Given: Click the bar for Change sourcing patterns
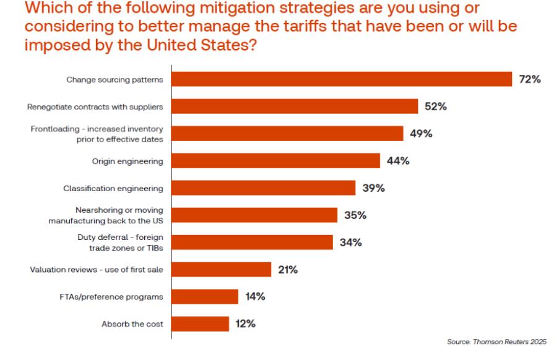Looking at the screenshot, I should (x=341, y=79).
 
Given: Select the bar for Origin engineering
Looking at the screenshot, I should (x=275, y=161).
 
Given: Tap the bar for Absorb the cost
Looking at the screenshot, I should (x=200, y=324).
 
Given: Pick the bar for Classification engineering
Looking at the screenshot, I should (x=263, y=188).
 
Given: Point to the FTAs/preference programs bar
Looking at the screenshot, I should (x=204, y=296).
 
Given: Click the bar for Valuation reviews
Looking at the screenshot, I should (x=221, y=269).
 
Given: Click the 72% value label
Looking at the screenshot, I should (x=530, y=79).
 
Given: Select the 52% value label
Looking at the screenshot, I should (x=436, y=106).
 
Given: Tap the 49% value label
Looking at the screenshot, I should (x=421, y=134).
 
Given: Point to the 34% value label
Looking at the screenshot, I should (x=350, y=242).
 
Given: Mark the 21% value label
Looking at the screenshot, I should (x=288, y=270).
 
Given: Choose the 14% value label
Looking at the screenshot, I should (x=255, y=296).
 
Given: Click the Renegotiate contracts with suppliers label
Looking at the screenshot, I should (x=95, y=106).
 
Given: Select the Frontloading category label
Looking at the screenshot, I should (x=97, y=134).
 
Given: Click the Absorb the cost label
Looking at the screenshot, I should (x=132, y=324).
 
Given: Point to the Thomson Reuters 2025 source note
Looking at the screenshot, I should (x=496, y=341).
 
